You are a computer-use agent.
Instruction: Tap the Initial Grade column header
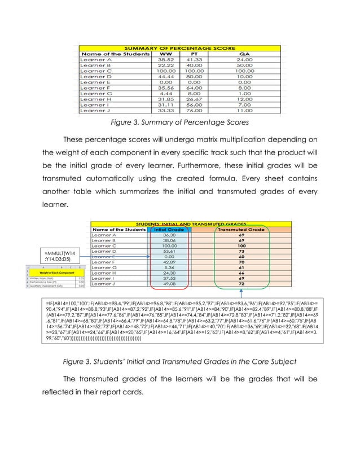click(x=169, y=230)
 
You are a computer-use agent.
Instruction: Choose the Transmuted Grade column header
click(x=241, y=230)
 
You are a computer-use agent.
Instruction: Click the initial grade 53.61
click(x=169, y=251)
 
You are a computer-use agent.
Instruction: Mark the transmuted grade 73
click(x=241, y=251)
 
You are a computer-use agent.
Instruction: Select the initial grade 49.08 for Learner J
click(x=169, y=284)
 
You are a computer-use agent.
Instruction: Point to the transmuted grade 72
click(x=241, y=284)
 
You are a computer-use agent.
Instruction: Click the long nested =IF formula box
click(x=179, y=323)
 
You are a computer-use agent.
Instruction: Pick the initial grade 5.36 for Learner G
click(x=169, y=267)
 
